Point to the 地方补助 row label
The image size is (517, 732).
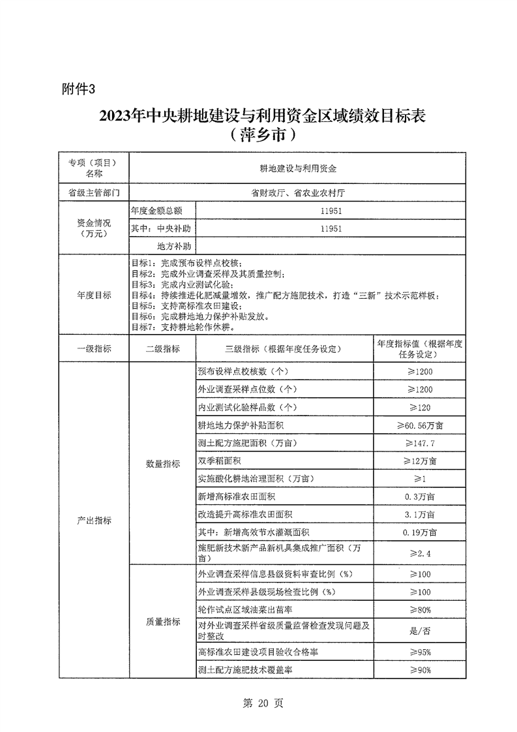tap(173, 246)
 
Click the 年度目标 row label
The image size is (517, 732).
tap(94, 295)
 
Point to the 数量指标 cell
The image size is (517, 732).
tap(162, 464)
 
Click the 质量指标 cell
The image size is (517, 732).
tap(162, 622)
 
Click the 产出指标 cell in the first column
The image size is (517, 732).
tap(94, 521)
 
